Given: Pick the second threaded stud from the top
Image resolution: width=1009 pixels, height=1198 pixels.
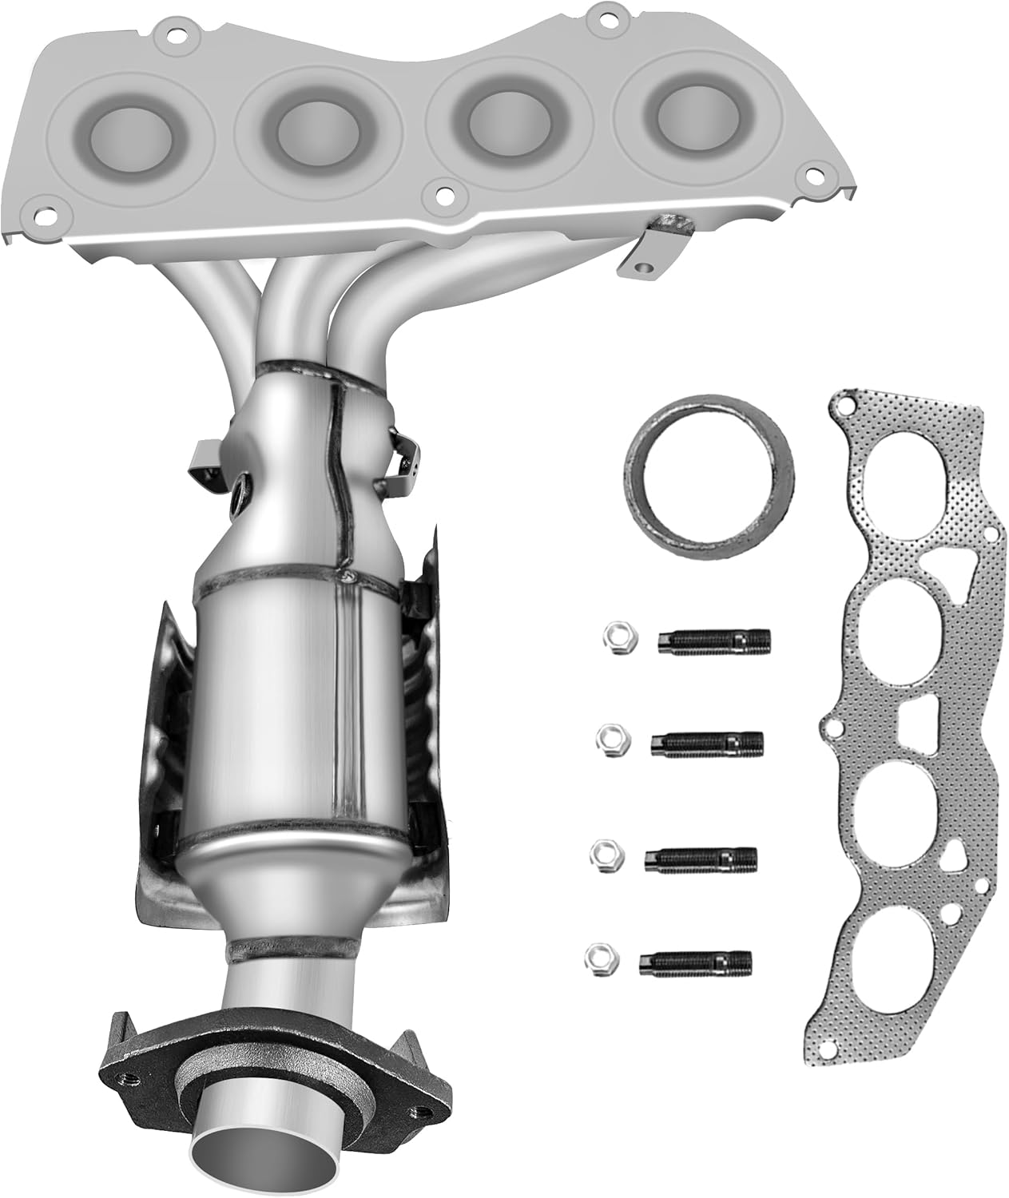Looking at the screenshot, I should click(708, 743).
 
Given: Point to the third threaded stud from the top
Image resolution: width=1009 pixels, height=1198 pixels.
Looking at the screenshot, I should click(701, 859).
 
